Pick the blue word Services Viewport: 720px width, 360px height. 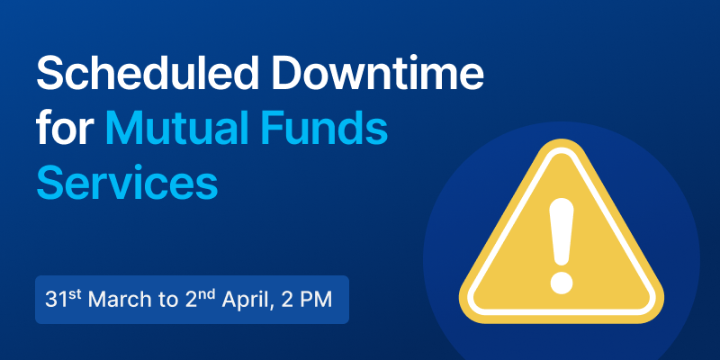tap(127, 183)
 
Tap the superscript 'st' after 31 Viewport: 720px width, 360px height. tap(75, 295)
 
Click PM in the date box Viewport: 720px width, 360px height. tap(318, 300)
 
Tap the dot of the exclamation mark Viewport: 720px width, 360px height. tap(562, 283)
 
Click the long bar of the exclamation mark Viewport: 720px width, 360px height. tap(562, 232)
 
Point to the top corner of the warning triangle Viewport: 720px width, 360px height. tap(561, 139)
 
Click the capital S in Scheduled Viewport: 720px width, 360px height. tap(50, 74)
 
